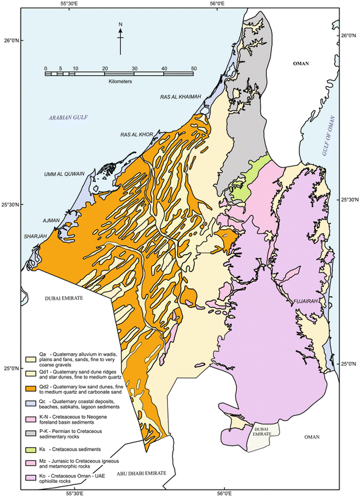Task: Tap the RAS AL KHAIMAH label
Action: (181, 97)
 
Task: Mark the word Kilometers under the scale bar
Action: (119, 81)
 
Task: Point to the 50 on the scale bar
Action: (193, 68)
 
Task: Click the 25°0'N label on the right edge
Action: (348, 364)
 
